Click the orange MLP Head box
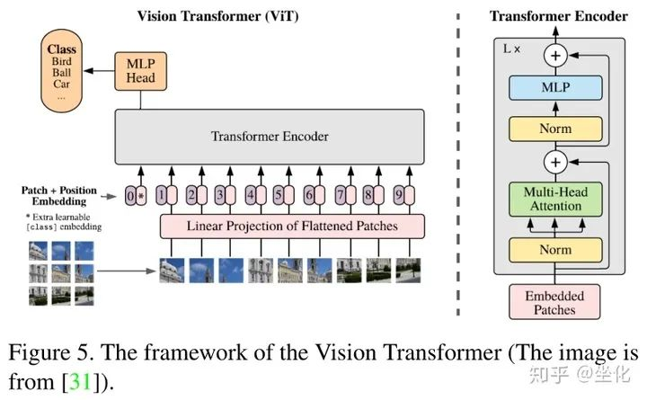[141, 71]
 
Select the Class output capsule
[61, 71]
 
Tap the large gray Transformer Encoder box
[270, 137]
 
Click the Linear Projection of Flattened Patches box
[292, 227]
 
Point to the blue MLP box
[555, 87]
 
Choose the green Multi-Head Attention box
[555, 200]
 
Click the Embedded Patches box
[554, 302]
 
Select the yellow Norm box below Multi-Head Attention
[555, 250]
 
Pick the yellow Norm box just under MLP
[555, 129]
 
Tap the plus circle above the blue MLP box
[555, 56]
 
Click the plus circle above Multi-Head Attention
[555, 162]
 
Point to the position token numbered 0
[130, 196]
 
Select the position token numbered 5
[279, 195]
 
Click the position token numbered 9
[399, 195]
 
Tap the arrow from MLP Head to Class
[99, 71]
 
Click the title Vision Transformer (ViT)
[217, 16]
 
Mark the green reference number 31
[81, 381]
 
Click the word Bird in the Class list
[61, 61]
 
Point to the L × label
[511, 49]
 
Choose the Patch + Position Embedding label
[59, 196]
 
